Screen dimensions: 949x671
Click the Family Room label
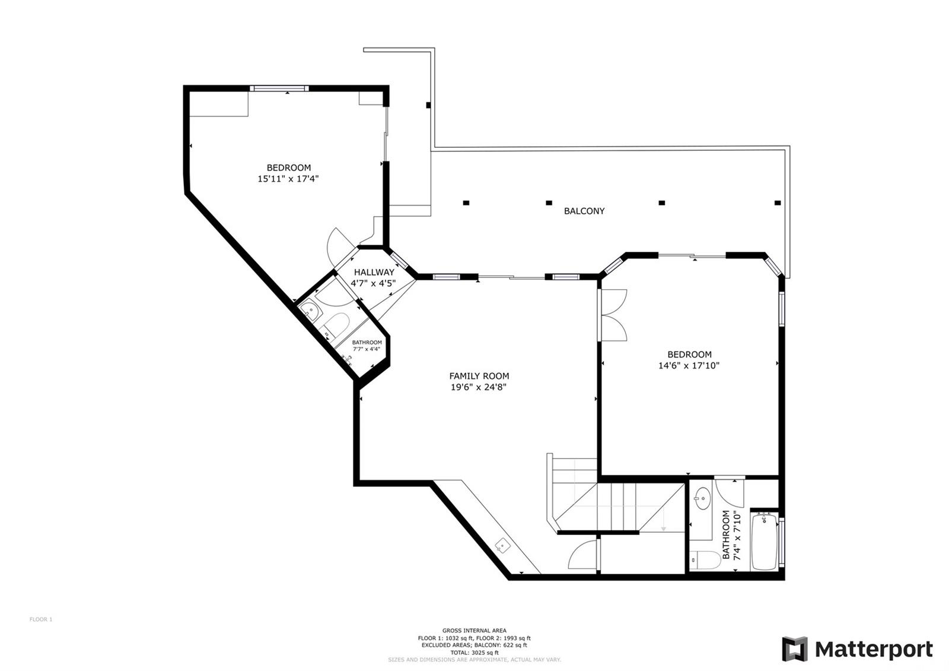tap(479, 376)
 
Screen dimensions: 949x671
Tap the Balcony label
tap(584, 211)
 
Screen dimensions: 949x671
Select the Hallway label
tap(374, 273)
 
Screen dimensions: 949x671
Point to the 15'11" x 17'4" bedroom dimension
tap(288, 179)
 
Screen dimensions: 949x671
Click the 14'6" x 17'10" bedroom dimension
tap(689, 366)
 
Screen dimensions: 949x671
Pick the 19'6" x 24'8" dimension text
tap(479, 387)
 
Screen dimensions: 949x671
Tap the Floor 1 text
tap(41, 619)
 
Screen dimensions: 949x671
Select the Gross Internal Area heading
tap(474, 631)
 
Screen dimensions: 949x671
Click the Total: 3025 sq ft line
tap(474, 653)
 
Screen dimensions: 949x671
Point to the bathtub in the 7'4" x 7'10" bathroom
tap(764, 542)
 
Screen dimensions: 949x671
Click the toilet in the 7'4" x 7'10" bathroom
tap(705, 560)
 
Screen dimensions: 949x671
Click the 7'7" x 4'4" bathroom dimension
tap(367, 349)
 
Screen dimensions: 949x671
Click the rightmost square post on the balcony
tap(778, 202)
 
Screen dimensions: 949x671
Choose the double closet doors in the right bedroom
tap(613, 315)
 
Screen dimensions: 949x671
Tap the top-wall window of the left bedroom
tap(279, 88)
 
